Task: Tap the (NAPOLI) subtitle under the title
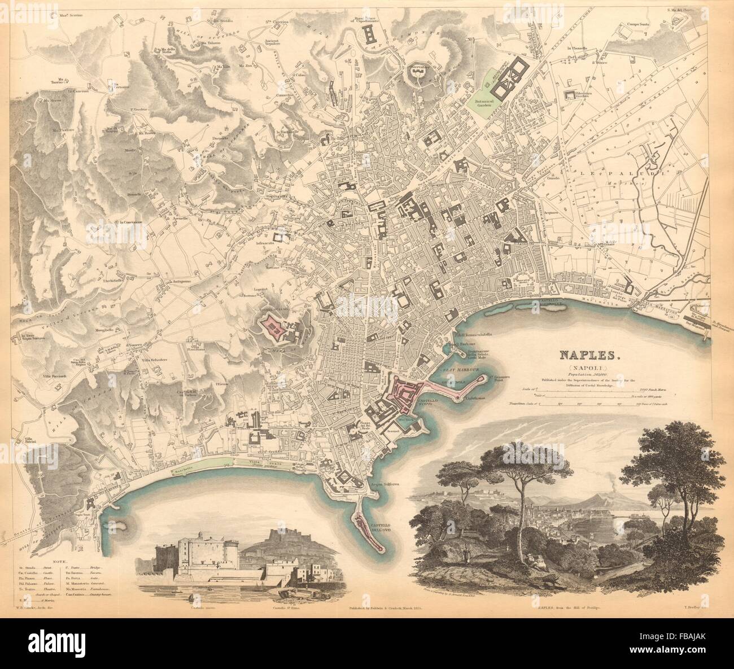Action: [x=589, y=367]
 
